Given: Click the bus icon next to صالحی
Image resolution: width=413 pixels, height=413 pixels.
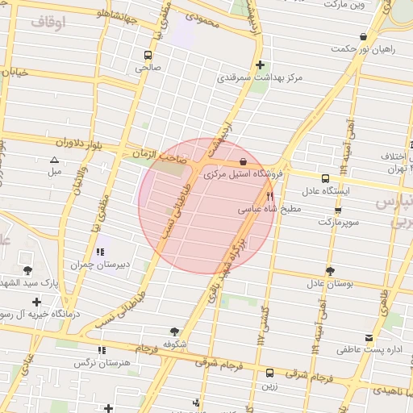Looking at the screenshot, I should [x=148, y=55].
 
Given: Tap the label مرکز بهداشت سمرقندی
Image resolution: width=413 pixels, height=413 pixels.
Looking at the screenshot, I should [x=260, y=79].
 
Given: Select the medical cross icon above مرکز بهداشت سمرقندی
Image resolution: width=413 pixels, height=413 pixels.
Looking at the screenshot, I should [x=260, y=65].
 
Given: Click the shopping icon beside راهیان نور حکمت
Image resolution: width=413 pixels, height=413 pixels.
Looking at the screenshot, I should [x=364, y=36].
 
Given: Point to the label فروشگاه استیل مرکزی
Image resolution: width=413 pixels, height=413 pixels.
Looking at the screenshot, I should [x=241, y=174].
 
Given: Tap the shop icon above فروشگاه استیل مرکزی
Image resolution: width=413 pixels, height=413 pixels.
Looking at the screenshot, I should [x=243, y=161].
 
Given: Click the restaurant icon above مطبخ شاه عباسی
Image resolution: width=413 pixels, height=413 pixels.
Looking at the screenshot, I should [x=270, y=196].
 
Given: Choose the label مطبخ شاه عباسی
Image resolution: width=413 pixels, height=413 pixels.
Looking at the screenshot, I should [x=269, y=209].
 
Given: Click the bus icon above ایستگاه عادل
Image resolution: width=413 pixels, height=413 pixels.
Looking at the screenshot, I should [x=325, y=178].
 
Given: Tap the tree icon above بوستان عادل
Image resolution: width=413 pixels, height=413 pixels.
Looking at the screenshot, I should [x=330, y=271].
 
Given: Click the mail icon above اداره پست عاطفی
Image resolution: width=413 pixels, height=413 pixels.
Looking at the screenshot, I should [x=369, y=338].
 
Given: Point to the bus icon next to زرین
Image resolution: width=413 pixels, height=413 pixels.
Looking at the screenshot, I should [x=269, y=373].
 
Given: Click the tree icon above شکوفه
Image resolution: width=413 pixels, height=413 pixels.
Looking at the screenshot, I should [x=175, y=331].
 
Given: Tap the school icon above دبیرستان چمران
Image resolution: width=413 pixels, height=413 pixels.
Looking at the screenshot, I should [x=100, y=252].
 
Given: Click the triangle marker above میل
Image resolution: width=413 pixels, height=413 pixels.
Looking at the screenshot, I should [x=54, y=160].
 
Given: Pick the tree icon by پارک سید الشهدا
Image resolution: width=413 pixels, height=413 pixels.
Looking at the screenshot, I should [x=29, y=269].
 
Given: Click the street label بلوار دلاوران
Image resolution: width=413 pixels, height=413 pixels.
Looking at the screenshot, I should [x=99, y=145].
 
